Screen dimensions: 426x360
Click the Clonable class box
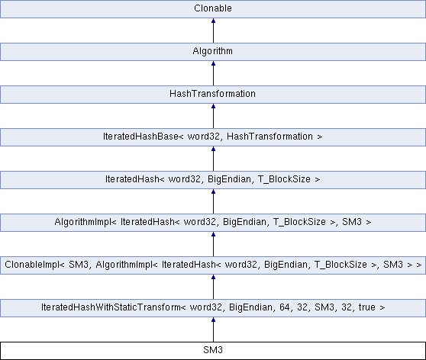click(213, 9)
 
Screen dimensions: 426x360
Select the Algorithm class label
click(213, 51)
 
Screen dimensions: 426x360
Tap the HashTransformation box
click(213, 95)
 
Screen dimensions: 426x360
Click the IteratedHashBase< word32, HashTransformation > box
click(213, 137)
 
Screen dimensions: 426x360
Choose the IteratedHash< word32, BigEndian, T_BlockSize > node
click(213, 180)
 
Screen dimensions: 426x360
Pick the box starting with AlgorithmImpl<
click(213, 223)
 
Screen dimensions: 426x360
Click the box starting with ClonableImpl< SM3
click(213, 265)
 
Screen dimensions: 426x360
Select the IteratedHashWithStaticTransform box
click(213, 308)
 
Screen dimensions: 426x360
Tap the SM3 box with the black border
click(213, 351)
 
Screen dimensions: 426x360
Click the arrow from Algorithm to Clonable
click(213, 31)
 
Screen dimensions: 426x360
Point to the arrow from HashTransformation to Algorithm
click(213, 73)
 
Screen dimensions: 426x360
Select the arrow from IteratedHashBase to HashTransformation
click(213, 116)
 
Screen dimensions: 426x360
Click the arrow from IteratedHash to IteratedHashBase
click(213, 159)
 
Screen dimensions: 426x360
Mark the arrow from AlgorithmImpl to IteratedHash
click(213, 201)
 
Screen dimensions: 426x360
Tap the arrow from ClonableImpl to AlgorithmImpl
click(213, 244)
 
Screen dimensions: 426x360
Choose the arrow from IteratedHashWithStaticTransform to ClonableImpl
click(213, 287)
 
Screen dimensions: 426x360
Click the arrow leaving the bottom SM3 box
click(213, 329)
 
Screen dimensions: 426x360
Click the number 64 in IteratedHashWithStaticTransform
click(285, 307)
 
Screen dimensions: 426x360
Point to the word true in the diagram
click(367, 307)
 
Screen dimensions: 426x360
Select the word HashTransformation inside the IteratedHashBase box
click(269, 137)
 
